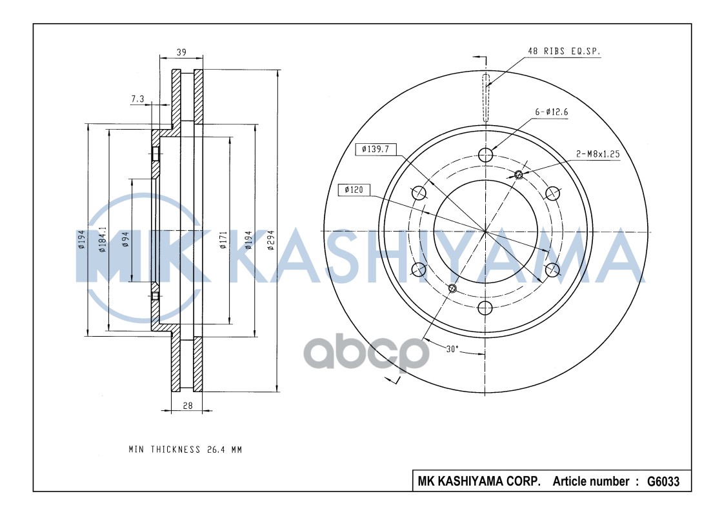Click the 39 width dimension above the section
(x=181, y=52)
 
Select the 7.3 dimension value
(x=137, y=99)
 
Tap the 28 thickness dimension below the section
(x=187, y=405)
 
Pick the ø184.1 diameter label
(x=102, y=240)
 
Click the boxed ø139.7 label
(x=375, y=149)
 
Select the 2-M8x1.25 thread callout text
(x=597, y=154)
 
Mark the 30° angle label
(x=452, y=348)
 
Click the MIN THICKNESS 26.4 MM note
(x=185, y=450)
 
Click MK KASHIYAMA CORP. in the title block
(x=479, y=481)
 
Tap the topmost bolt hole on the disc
(x=486, y=154)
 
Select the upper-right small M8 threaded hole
(x=519, y=174)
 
